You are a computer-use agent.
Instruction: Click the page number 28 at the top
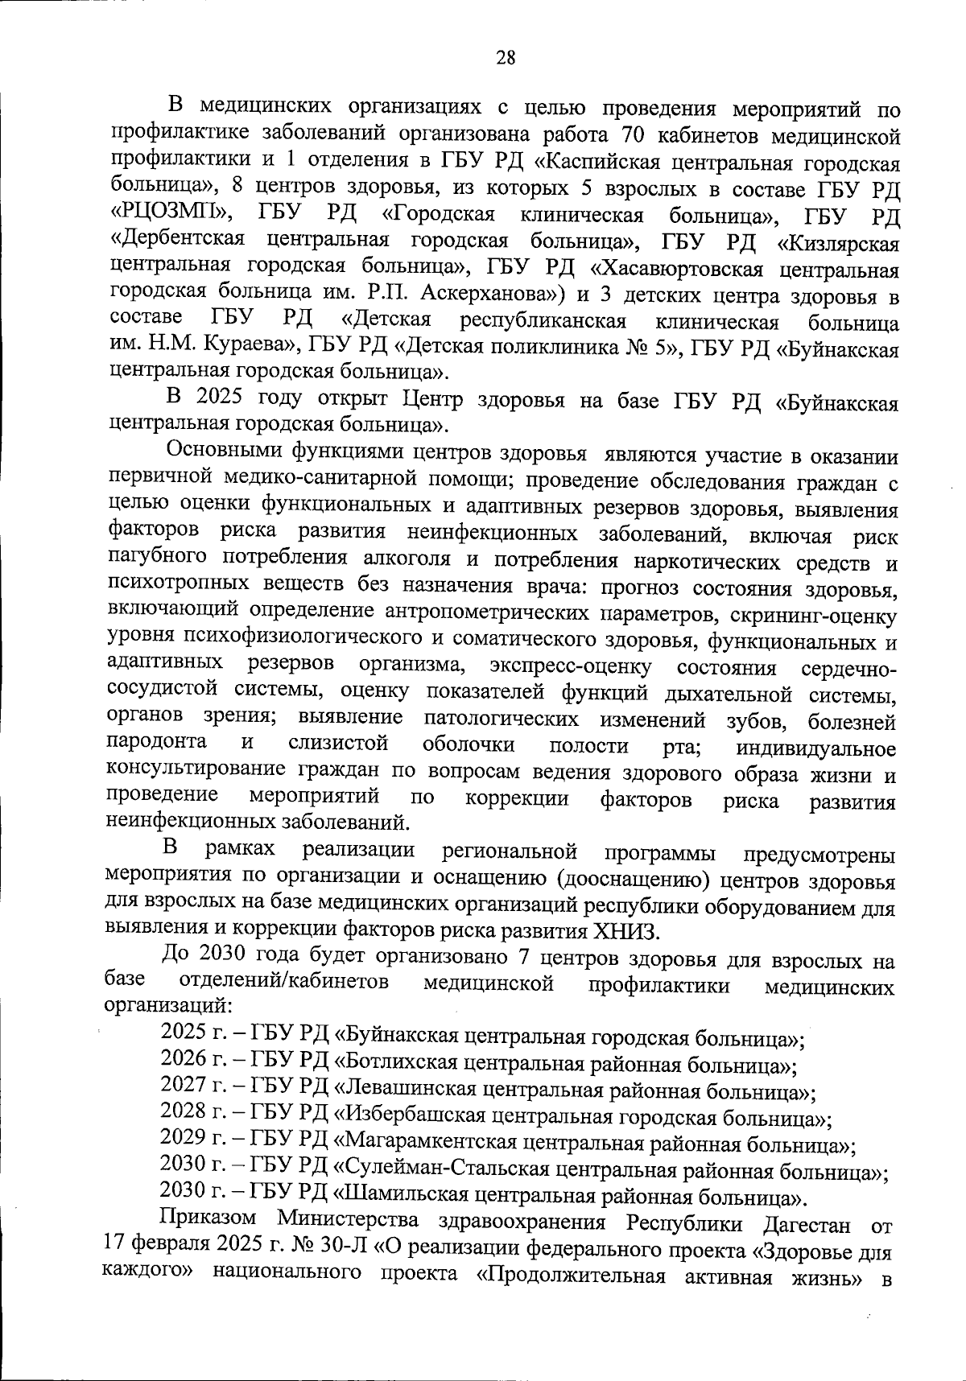tap(506, 57)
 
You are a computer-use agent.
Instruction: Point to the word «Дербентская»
tap(177, 241)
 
